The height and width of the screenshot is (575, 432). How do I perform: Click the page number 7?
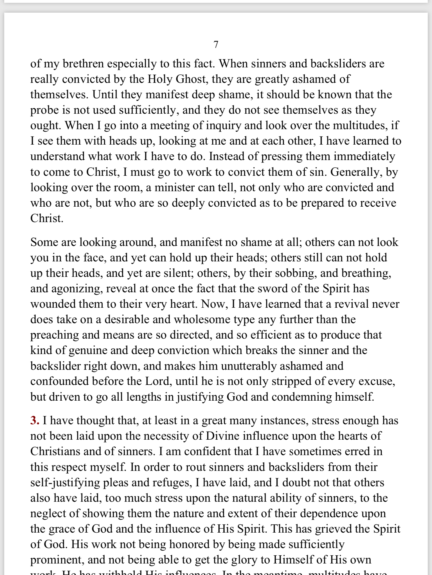point(216,45)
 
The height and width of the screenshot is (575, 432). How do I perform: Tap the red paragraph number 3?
point(35,421)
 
